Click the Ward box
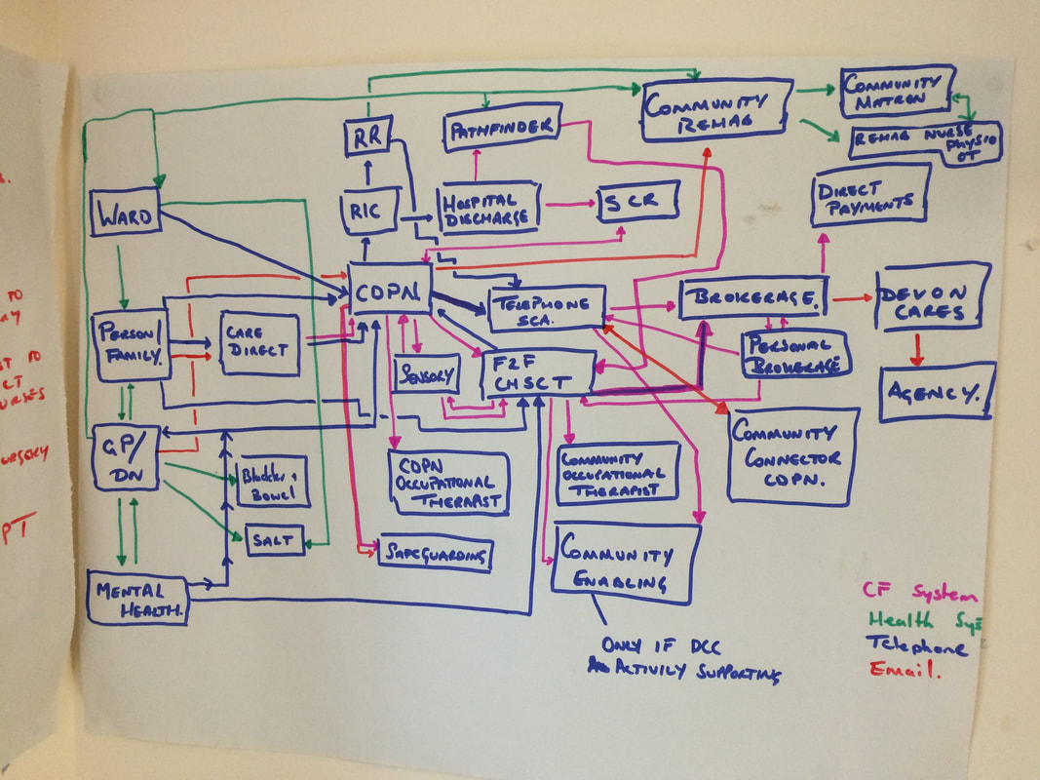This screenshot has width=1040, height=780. [125, 215]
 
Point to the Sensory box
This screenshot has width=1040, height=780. [426, 373]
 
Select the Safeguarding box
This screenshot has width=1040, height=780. [435, 554]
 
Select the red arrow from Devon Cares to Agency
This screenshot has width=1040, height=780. [915, 350]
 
